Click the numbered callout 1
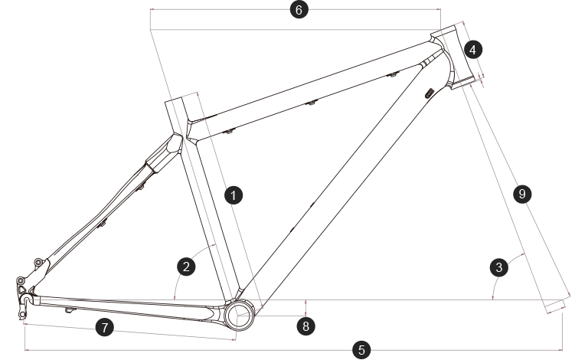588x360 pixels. pos(234,195)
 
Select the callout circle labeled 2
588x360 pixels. pos(186,267)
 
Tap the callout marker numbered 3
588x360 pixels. pos(499,267)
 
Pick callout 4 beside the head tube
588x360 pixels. pos(473,50)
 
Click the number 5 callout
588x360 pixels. pos(362,350)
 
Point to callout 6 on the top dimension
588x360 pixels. pos(299,10)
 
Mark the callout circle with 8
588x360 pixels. pos(305,325)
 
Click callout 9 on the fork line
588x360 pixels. pos(521,195)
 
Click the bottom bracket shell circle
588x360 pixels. pos(238,315)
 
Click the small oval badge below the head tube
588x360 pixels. pos(429,93)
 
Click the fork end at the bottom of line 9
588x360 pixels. pos(554,307)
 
